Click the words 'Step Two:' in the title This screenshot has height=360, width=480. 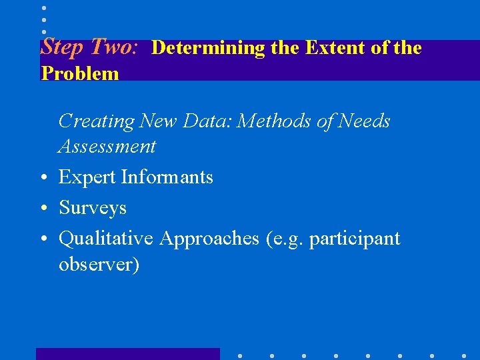tap(89, 47)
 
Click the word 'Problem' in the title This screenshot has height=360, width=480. tap(80, 73)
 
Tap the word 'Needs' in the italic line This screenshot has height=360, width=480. tap(364, 121)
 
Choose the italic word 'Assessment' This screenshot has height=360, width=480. tap(107, 147)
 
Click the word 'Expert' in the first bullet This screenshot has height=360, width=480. tap(87, 177)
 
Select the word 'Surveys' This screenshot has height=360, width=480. tap(93, 208)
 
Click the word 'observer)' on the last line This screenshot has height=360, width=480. tap(99, 265)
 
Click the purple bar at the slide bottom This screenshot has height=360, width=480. tap(127, 354)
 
